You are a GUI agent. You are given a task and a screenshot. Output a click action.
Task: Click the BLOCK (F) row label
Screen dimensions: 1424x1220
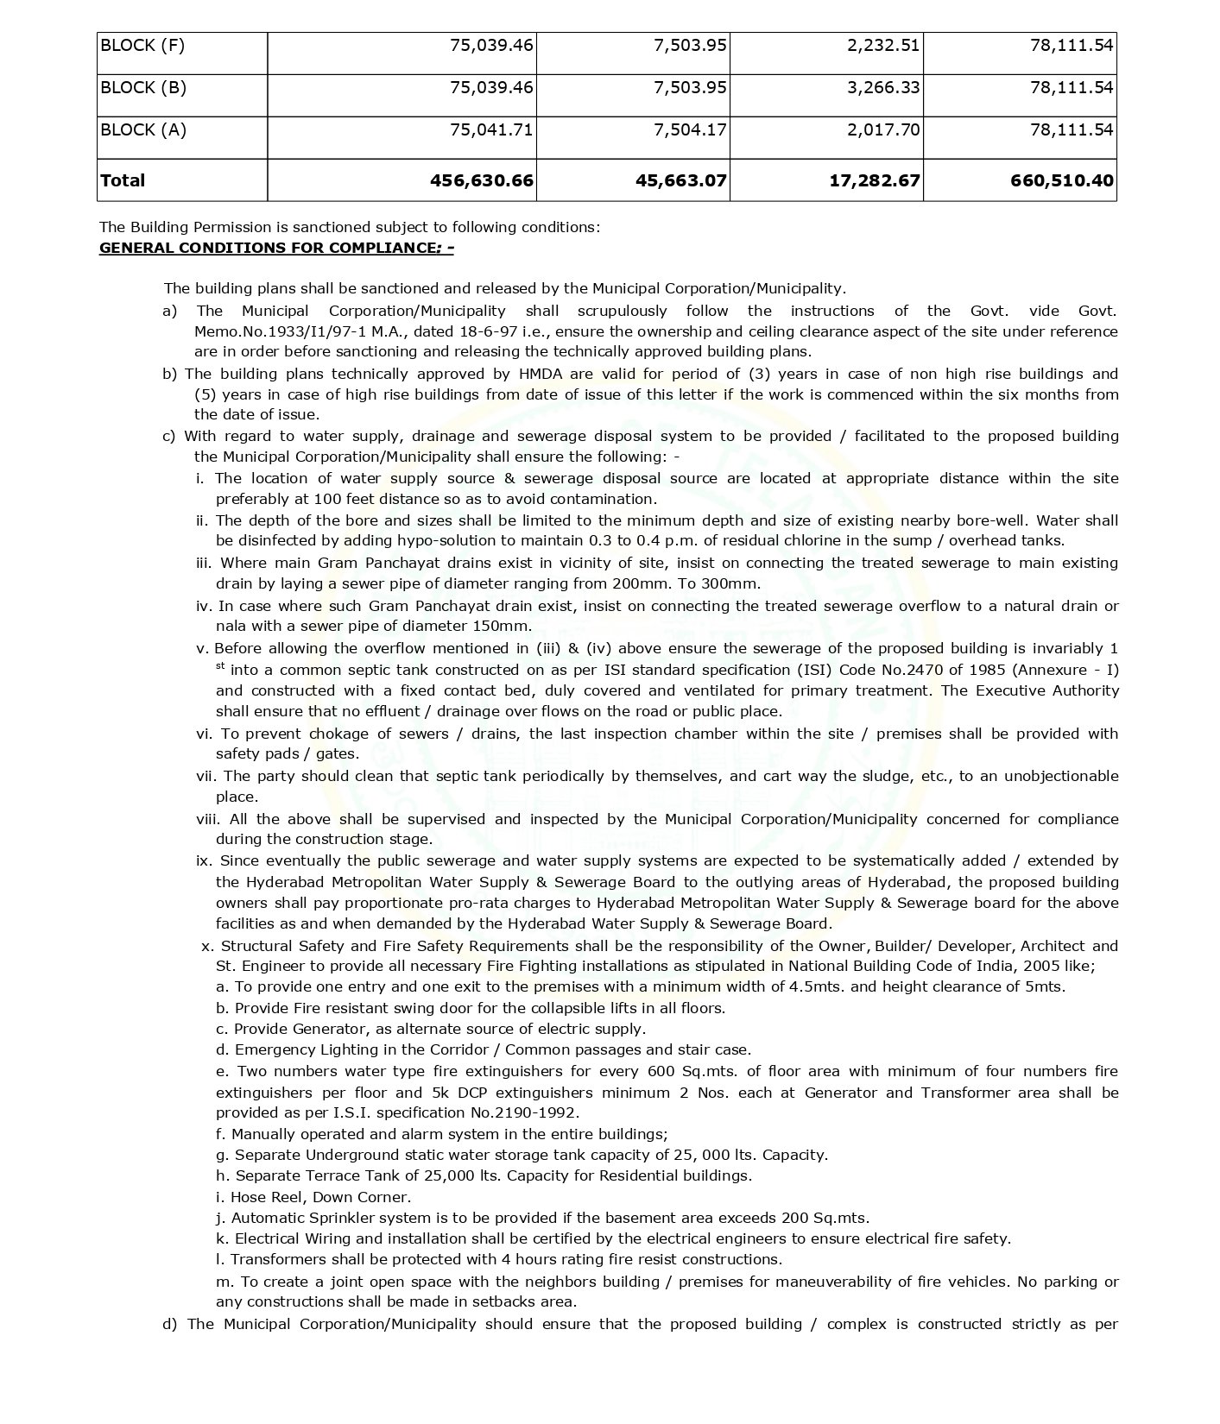point(142,46)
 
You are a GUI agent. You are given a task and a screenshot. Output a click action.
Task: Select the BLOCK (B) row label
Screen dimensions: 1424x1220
point(142,88)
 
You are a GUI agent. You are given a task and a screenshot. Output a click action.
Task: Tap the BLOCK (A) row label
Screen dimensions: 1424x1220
point(142,130)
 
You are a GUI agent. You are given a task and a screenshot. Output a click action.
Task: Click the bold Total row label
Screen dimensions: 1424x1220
point(123,180)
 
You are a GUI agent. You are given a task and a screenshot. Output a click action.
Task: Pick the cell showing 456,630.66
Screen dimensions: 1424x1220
point(481,180)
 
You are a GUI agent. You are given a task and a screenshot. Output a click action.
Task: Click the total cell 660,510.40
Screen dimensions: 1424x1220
point(1062,180)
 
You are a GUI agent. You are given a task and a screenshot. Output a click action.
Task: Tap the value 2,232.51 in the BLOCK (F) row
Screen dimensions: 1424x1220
point(883,46)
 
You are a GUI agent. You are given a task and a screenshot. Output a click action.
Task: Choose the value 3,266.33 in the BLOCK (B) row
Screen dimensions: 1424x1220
point(883,88)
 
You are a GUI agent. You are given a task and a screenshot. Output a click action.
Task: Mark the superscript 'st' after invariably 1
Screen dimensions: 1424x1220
point(221,665)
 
